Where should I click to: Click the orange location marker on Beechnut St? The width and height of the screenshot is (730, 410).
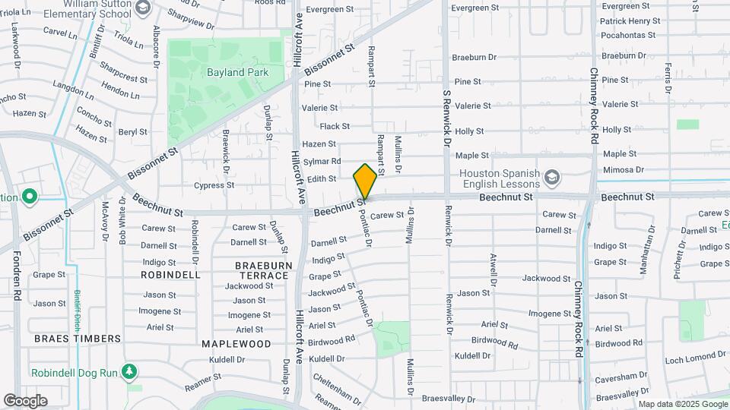click(x=366, y=181)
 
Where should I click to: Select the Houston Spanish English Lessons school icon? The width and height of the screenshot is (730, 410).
click(x=552, y=178)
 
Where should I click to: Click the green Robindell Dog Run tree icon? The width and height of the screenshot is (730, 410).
click(x=130, y=371)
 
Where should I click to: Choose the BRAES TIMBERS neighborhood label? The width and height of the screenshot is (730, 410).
click(x=77, y=338)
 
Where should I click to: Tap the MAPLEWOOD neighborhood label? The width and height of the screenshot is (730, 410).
click(x=236, y=343)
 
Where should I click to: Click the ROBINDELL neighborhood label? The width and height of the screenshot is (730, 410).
click(x=171, y=274)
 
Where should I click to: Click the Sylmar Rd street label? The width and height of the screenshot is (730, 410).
click(x=322, y=161)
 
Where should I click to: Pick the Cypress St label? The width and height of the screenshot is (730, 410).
click(x=214, y=185)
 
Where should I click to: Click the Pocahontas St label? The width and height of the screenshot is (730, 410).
click(x=627, y=35)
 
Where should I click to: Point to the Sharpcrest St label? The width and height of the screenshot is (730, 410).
click(x=123, y=77)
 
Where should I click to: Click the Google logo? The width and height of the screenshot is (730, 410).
click(x=25, y=400)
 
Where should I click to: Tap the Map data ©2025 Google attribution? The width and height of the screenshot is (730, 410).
click(x=682, y=404)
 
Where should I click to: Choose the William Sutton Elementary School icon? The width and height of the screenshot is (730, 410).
click(x=142, y=8)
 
